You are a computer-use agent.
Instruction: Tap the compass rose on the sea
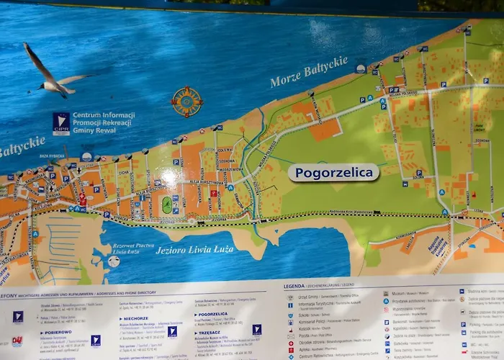point(186,102)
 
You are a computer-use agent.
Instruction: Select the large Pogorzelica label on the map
point(333,173)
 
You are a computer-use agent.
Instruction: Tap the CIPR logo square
point(61,123)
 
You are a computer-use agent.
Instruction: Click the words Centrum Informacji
point(104,115)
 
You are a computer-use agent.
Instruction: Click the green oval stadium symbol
point(168,204)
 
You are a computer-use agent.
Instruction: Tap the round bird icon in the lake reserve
point(114,261)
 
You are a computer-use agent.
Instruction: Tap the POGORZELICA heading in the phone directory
point(213,314)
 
